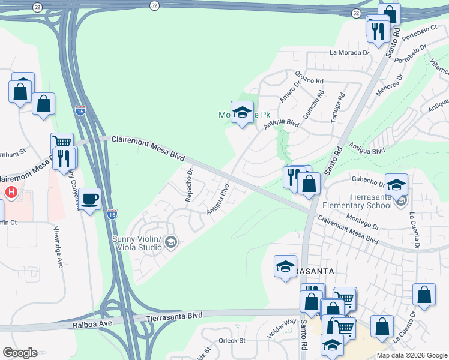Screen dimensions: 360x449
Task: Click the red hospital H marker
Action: (11, 193)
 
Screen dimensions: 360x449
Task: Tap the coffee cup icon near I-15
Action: (89, 199)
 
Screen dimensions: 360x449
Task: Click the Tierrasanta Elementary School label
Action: (364, 201)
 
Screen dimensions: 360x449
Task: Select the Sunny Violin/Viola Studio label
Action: (137, 243)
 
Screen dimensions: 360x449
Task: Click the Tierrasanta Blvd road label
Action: (174, 315)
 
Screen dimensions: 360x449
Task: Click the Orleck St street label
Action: (232, 340)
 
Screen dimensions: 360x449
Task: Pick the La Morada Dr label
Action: (349, 53)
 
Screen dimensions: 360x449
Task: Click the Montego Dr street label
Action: (364, 226)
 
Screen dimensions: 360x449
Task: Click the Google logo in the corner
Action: (20, 353)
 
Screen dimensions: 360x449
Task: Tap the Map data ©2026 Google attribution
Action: (412, 355)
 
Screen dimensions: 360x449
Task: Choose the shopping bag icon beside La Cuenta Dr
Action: (424, 295)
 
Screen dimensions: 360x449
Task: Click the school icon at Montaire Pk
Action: (242, 112)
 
